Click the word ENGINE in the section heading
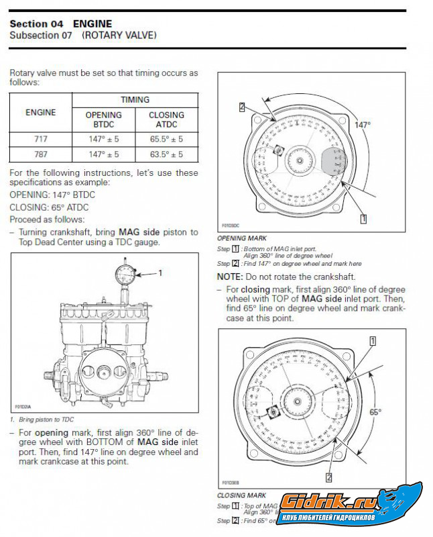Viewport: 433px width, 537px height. (93, 23)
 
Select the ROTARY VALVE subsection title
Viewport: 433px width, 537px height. (119, 35)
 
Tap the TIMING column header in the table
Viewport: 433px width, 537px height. (135, 99)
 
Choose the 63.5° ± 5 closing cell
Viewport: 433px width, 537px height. (166, 154)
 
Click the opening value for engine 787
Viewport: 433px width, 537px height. (103, 154)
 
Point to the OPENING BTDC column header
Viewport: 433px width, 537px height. (103, 119)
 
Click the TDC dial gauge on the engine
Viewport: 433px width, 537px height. (125, 273)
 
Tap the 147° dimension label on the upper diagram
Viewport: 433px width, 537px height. (363, 124)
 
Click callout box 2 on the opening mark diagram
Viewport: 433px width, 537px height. (242, 106)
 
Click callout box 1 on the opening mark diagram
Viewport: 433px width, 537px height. (363, 218)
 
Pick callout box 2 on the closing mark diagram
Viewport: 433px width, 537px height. (329, 477)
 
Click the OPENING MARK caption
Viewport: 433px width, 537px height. (242, 238)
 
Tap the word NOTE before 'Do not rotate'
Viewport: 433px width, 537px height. (231, 277)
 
